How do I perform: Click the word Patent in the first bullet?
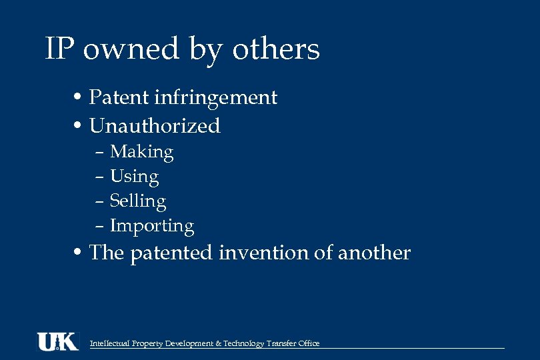[x=119, y=97]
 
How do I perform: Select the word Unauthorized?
[x=155, y=125]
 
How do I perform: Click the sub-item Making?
[x=141, y=153]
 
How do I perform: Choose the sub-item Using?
[x=134, y=177]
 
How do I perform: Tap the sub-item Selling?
[x=137, y=201]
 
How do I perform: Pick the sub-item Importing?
[x=151, y=227]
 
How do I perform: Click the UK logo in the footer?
[x=57, y=341]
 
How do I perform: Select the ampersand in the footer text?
[x=219, y=343]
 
